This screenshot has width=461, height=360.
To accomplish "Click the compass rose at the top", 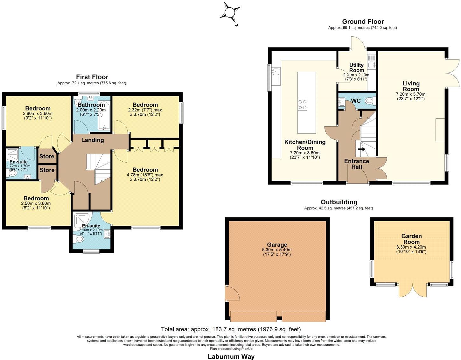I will point(229,13).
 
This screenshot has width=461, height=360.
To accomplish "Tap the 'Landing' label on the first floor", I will point(92,140).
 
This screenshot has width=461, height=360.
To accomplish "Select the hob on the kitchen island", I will point(303,104).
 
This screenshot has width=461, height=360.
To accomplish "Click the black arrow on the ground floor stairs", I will point(362,149).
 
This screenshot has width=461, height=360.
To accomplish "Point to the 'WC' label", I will point(356,101).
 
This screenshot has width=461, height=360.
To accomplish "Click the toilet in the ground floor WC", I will point(369,101).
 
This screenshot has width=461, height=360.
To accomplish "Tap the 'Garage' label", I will point(277,245).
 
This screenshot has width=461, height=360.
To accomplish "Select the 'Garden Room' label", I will point(411,239).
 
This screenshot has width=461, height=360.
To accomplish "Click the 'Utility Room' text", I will point(356,67).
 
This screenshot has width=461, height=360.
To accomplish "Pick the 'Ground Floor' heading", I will point(363,22).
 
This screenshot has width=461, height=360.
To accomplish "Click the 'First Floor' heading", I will point(92,77).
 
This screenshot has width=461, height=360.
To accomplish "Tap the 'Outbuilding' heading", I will point(339,202).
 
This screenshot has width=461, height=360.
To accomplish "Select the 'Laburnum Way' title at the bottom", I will point(231,356).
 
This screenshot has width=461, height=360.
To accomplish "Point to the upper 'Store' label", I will point(47,156).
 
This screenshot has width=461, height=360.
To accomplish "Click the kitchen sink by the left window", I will point(275,72).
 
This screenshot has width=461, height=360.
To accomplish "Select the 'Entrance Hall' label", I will point(356,164).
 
